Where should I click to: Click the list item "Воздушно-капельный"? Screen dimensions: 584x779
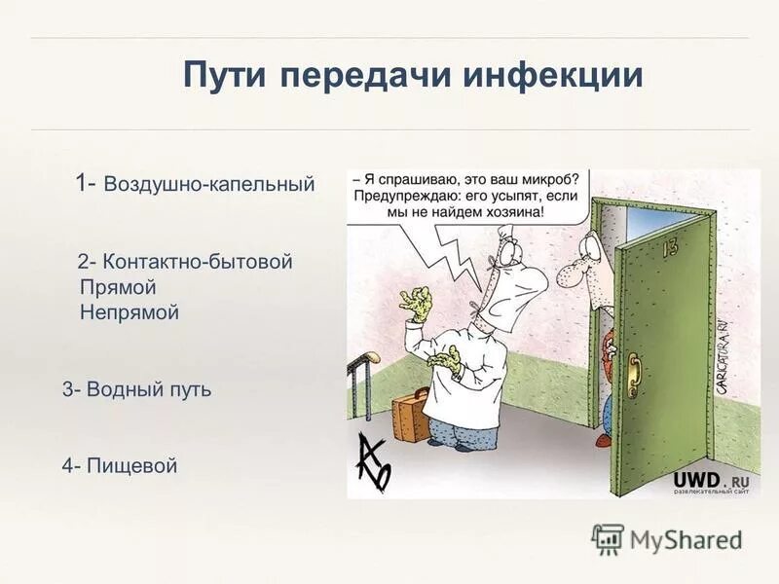click(x=209, y=184)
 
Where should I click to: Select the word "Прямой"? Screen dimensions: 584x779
click(x=118, y=287)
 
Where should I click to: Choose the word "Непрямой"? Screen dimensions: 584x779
click(x=130, y=312)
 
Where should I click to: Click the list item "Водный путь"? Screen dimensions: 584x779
click(x=148, y=389)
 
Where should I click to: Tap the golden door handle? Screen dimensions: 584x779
click(x=634, y=371)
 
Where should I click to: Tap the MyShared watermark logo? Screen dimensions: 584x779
click(x=667, y=538)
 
